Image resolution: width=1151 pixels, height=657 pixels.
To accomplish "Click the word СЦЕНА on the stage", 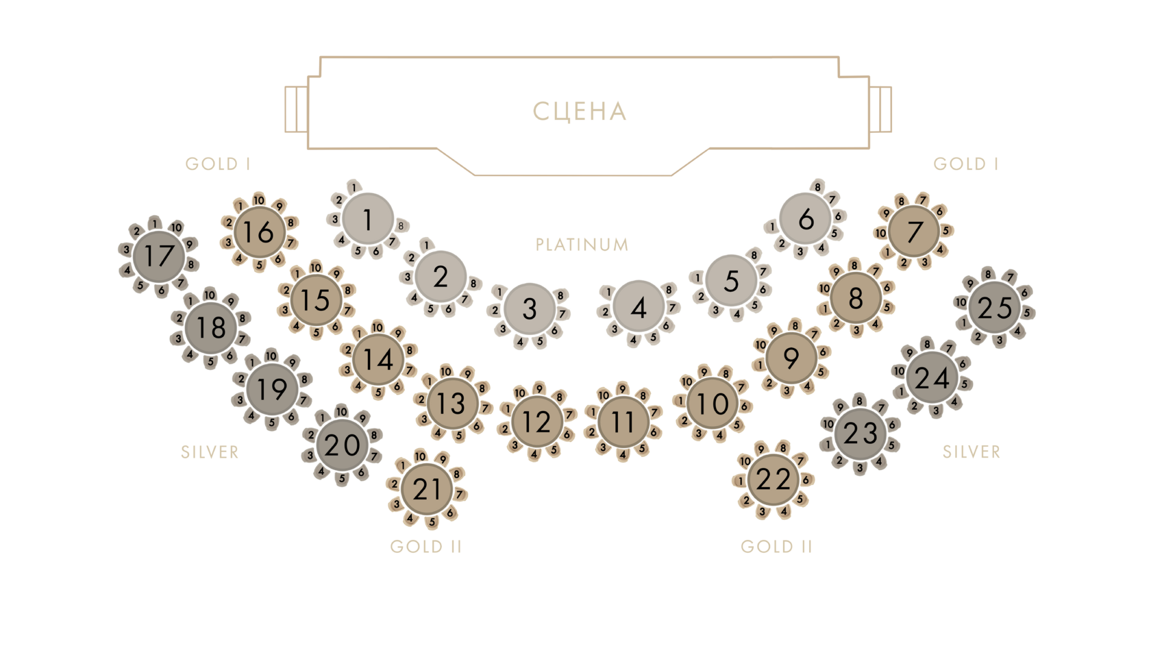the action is [580, 111].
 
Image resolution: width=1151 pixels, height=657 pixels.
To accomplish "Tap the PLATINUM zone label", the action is [582, 245].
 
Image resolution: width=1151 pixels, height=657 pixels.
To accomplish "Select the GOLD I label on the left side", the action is [217, 164].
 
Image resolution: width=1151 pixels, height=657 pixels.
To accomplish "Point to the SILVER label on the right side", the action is [971, 452].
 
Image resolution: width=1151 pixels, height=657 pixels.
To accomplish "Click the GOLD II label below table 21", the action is [425, 547].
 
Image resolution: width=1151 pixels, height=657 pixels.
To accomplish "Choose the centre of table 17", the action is [159, 257].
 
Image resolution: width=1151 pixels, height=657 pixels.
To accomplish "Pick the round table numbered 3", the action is [529, 309].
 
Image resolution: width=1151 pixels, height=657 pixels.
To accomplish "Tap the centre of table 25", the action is [995, 309].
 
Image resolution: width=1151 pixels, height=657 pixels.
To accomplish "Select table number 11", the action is [622, 423].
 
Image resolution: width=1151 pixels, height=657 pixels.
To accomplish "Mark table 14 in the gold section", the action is [378, 360].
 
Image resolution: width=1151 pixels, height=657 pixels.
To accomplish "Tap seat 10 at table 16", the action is [259, 200].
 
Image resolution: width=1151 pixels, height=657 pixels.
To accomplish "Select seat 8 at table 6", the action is [817, 186].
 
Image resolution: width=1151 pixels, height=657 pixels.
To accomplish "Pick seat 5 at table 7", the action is [945, 230].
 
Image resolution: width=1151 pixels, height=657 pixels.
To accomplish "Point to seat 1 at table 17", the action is [156, 223].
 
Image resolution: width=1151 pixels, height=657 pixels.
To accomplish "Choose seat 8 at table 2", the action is [473, 283].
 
